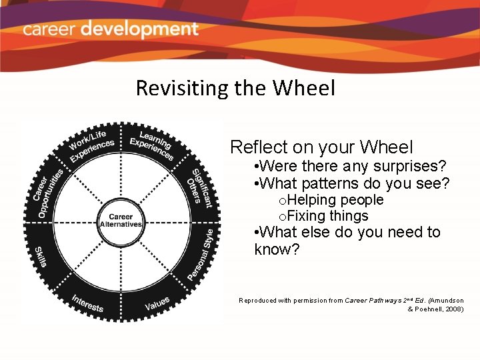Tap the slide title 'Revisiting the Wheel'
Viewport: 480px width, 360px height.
pyautogui.click(x=235, y=88)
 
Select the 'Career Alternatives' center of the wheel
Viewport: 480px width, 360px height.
pyautogui.click(x=121, y=221)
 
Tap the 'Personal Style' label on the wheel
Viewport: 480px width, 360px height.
pyautogui.click(x=201, y=254)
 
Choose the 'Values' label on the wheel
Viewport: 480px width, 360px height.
pyautogui.click(x=157, y=303)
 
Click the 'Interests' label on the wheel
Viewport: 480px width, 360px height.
pyautogui.click(x=88, y=303)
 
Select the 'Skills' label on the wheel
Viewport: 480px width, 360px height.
pyautogui.click(x=40, y=256)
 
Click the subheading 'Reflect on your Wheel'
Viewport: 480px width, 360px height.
pyautogui.click(x=321, y=147)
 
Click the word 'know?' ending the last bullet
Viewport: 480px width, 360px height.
pyautogui.click(x=277, y=249)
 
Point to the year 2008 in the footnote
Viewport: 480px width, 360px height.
pyautogui.click(x=453, y=309)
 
